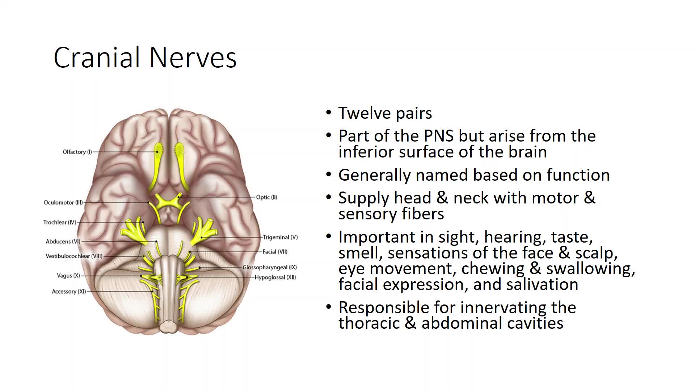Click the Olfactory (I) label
tap(77, 152)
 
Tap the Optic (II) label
tap(266, 197)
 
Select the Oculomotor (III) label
tap(63, 203)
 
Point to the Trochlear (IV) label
tap(60, 222)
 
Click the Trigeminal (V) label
tap(280, 237)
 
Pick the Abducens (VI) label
tap(63, 241)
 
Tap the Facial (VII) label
tap(275, 252)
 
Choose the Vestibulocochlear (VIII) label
tap(74, 256)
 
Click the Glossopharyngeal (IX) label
tap(270, 268)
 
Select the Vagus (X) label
tap(68, 276)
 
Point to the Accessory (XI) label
tap(69, 291)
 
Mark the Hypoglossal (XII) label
tap(275, 278)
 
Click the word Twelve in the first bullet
tap(364, 113)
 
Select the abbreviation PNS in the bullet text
tap(439, 136)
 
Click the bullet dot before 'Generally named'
tap(329, 175)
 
